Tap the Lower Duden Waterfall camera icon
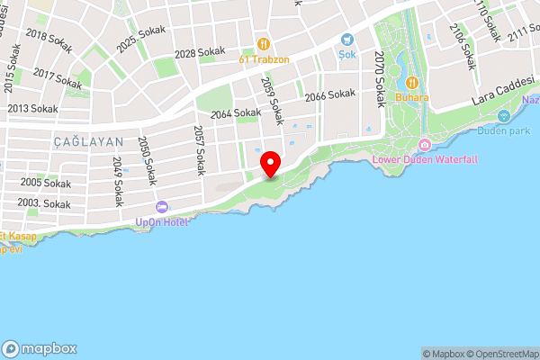click(425, 146)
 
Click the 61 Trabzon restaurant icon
click(263, 42)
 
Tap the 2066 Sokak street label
click(329, 95)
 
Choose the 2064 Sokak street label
click(235, 113)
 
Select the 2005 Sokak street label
click(45, 183)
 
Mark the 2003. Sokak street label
click(43, 204)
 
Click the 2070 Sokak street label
click(379, 79)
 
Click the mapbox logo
click(40, 348)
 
